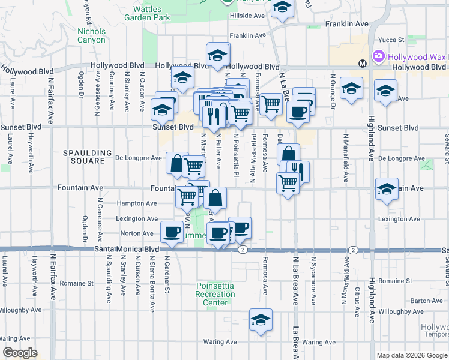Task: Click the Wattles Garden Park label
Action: coord(146,13)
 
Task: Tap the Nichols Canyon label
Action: coord(91,35)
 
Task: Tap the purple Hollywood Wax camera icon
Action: coord(378,56)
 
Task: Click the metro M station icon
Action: coord(362,63)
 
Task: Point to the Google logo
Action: coord(20,353)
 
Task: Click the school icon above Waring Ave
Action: coord(261,322)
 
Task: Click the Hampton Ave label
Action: coord(137,203)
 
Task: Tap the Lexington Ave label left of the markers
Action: coord(137,219)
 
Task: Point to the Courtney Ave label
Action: coord(112,91)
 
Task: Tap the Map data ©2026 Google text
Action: coord(412,355)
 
